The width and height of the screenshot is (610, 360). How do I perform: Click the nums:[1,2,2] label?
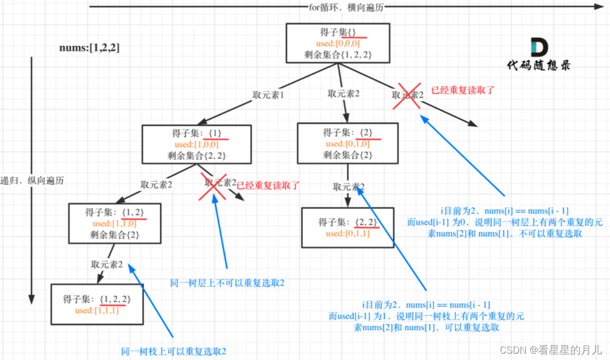tap(89, 48)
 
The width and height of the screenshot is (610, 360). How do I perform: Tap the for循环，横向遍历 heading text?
tap(346, 7)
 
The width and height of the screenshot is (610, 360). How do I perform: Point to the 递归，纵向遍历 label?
tap(32, 181)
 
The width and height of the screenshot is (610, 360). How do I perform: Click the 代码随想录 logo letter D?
tap(539, 47)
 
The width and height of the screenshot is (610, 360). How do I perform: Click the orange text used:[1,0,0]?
tap(196, 144)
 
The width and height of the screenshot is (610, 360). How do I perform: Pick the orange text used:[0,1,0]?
tap(347, 144)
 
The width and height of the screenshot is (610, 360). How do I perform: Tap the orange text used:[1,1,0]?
tap(114, 224)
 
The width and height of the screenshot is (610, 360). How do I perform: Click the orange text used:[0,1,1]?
tap(348, 234)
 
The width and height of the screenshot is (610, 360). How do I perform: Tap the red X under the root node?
tap(407, 96)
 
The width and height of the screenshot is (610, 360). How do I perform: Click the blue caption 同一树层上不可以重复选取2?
tap(227, 283)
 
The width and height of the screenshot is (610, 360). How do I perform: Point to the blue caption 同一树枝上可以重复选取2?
tap(174, 351)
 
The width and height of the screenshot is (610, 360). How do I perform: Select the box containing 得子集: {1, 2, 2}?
tap(97, 304)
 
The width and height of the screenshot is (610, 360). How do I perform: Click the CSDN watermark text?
tap(551, 350)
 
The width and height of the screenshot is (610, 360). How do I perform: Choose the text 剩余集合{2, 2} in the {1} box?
tap(196, 156)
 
